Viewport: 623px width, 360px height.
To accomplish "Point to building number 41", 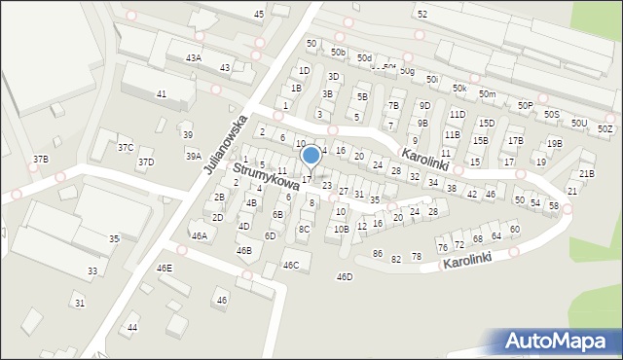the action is click(x=162, y=94).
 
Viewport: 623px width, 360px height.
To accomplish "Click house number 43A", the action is click(x=193, y=58).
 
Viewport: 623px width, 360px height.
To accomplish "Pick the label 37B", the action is click(x=40, y=159).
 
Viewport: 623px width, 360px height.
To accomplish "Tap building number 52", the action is click(x=421, y=15).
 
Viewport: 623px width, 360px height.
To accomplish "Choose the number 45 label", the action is click(x=258, y=15).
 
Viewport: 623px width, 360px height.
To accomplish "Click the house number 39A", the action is click(x=193, y=156).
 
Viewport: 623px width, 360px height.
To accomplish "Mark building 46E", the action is click(x=164, y=268).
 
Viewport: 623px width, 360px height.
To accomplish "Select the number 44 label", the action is click(x=132, y=328).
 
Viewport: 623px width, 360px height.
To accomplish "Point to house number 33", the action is click(x=92, y=271).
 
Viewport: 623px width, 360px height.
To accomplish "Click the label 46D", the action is click(x=345, y=277).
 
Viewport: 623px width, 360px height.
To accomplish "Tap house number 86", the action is click(x=378, y=254).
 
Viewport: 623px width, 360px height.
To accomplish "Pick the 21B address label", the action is click(x=586, y=174).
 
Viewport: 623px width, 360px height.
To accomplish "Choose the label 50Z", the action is click(x=605, y=128).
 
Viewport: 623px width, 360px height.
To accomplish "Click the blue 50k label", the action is click(x=459, y=89).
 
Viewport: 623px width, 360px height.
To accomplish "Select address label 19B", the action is click(x=554, y=144).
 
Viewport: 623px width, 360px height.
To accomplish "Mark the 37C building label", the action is click(x=126, y=147).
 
